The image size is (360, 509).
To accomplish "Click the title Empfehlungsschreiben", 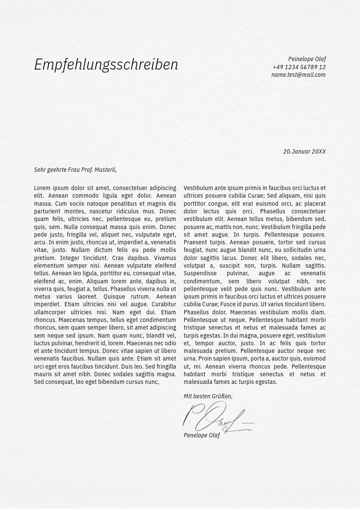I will [x=106, y=65].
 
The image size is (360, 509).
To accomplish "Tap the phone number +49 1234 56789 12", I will [x=299, y=67].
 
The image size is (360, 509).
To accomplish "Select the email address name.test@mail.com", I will [x=298, y=75].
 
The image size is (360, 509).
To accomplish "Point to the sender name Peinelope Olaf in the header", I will [x=307, y=59].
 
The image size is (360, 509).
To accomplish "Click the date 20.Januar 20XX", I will [x=304, y=151].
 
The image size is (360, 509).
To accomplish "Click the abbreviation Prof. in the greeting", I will [x=86, y=170].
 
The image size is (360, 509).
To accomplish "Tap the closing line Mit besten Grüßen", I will [x=208, y=396].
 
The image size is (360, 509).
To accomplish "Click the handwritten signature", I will [x=217, y=418].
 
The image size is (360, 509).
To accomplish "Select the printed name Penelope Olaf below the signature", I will [x=202, y=435].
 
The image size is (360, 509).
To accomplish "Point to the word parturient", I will [x=48, y=211].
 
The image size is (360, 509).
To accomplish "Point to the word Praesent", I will [x=195, y=242].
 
